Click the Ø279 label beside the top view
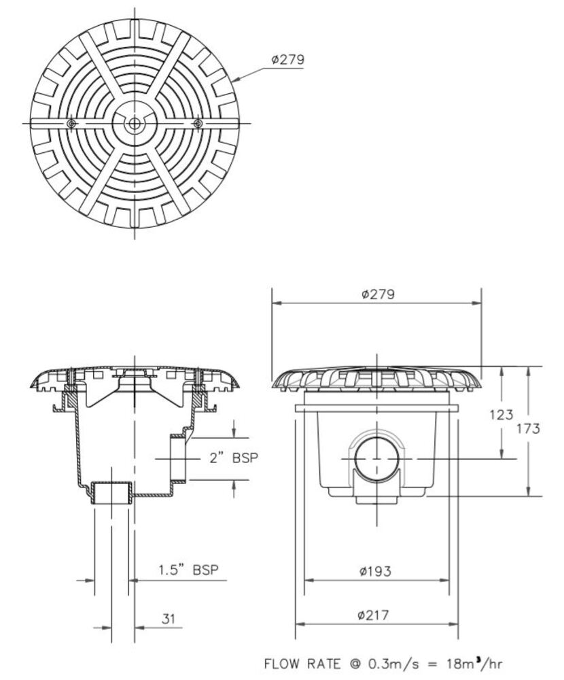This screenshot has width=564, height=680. (287, 60)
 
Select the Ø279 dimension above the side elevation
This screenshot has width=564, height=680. (378, 294)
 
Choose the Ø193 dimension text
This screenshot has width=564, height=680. (376, 571)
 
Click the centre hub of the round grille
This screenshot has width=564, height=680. (134, 123)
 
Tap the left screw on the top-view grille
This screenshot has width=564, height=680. (71, 123)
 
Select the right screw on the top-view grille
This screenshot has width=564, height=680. (198, 123)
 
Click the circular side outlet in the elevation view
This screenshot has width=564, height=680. (376, 458)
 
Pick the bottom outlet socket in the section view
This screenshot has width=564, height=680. (111, 492)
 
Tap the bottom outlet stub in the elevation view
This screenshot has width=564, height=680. (376, 501)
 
